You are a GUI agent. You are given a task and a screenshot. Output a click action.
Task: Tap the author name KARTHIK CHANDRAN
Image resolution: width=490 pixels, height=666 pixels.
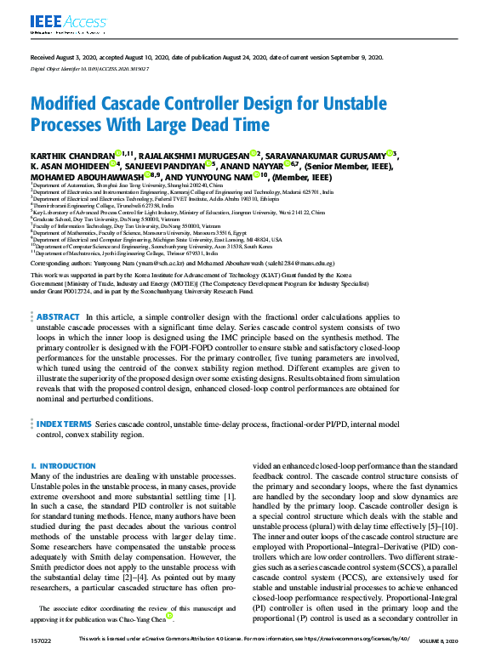71,155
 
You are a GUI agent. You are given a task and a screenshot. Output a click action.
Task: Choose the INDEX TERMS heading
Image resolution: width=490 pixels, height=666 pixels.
64,423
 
